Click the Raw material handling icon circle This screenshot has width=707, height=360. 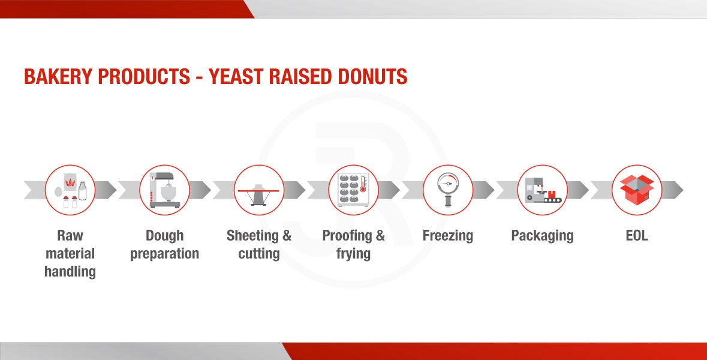click(x=70, y=190)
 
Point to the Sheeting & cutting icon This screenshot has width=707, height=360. click(x=259, y=194)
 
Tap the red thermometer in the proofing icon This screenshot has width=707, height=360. click(x=363, y=185)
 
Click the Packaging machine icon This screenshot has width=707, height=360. click(x=543, y=190)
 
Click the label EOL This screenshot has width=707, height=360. click(x=637, y=235)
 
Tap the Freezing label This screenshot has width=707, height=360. click(x=448, y=236)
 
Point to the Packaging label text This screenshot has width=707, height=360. click(x=543, y=236)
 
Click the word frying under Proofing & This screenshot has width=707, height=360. click(x=354, y=254)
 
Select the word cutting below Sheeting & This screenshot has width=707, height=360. click(x=259, y=254)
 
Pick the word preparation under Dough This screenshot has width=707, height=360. click(x=164, y=254)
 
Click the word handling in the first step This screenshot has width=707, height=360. click(x=70, y=272)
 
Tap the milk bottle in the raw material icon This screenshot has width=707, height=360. click(x=83, y=191)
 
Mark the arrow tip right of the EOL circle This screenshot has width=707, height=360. click(x=683, y=190)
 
